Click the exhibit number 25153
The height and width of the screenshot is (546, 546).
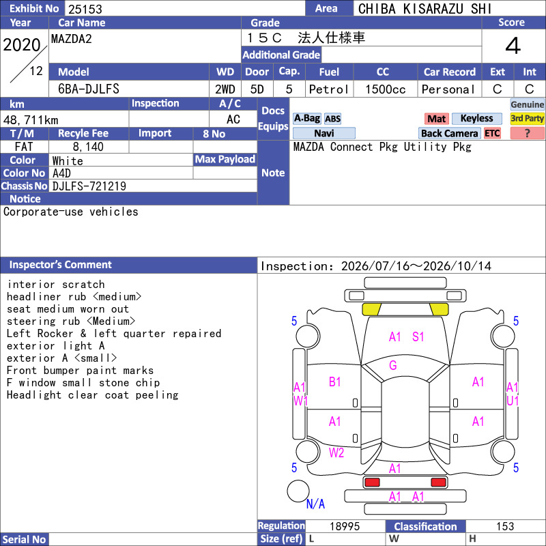85,9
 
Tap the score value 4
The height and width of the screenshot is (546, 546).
513,46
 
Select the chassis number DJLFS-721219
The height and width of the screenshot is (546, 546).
89,186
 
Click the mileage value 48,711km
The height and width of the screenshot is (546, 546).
31,120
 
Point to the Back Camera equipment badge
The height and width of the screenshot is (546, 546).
449,133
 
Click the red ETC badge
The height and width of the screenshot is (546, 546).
492,133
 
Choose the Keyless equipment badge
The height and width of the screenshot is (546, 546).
476,118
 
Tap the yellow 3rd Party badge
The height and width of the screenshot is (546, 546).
527,118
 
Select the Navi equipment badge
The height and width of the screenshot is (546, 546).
324,133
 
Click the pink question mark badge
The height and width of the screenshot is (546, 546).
527,133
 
